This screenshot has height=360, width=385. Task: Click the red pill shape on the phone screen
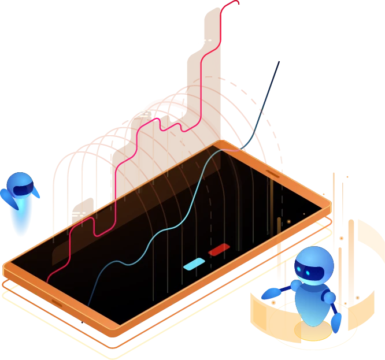click(x=219, y=249)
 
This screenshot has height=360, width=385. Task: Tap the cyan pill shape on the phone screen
click(x=194, y=264)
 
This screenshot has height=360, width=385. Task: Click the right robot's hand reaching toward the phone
click(x=269, y=294)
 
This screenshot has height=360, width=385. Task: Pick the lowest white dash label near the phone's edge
click(x=77, y=214)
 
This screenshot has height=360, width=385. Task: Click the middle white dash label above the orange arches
click(x=146, y=112)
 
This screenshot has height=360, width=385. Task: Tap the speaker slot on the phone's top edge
click(x=273, y=173)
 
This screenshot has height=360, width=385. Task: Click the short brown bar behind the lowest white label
click(x=87, y=205)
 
